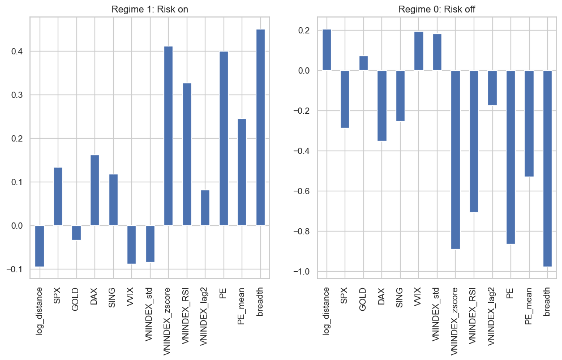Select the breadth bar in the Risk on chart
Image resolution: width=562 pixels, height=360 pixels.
point(260,127)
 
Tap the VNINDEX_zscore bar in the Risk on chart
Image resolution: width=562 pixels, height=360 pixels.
point(168,136)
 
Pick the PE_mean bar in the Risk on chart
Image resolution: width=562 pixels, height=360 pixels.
point(242,172)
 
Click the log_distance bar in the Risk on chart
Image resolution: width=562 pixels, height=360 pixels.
point(39,246)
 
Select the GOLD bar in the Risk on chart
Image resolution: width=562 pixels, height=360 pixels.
point(76,233)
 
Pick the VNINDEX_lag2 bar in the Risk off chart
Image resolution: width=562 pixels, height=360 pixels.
point(492,88)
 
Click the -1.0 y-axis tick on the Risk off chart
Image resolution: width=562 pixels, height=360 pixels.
point(302,272)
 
